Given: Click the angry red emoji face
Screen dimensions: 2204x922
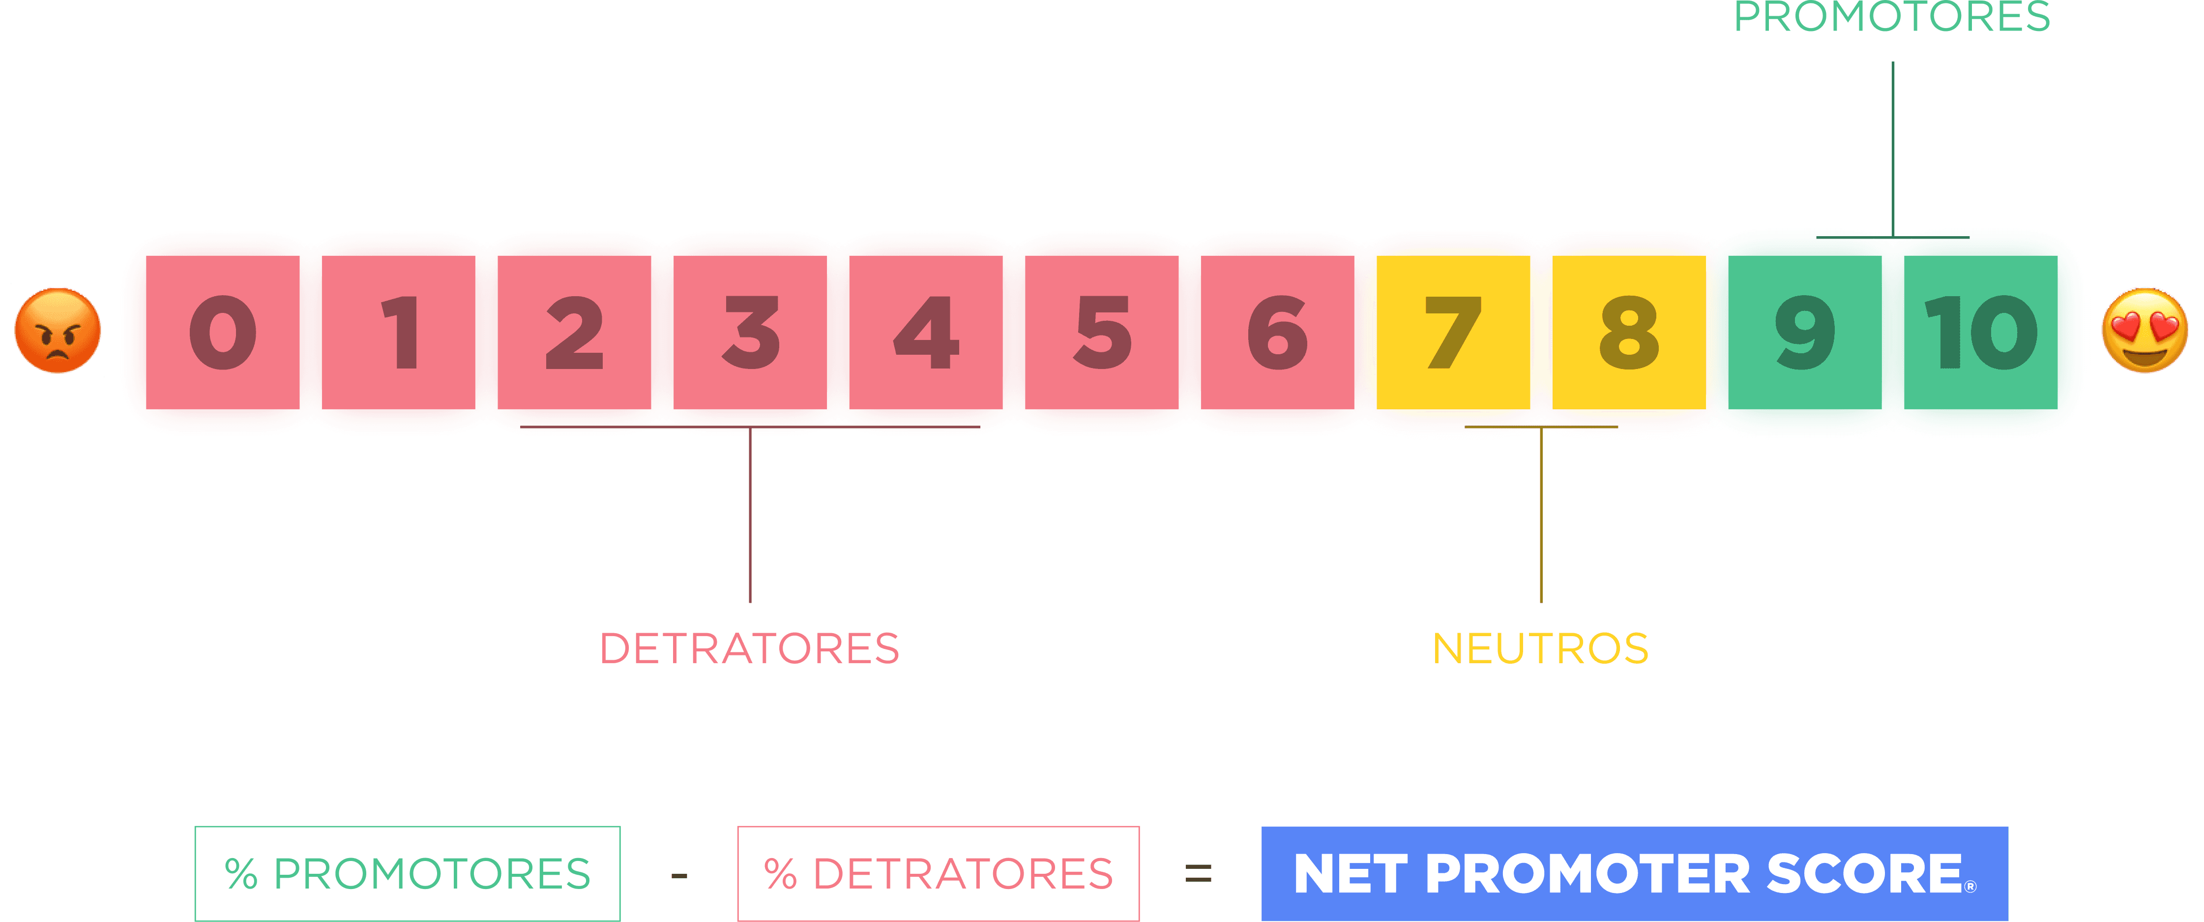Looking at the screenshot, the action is click(x=58, y=331).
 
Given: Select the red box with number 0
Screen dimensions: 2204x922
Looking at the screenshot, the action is click(x=222, y=332).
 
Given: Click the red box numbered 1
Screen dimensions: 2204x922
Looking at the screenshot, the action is click(x=399, y=332).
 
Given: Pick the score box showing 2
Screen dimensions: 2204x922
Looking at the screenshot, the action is click(x=574, y=332).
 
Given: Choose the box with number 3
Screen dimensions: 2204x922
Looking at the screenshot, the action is click(x=750, y=332).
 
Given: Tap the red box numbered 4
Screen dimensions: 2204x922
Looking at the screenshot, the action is click(x=926, y=332).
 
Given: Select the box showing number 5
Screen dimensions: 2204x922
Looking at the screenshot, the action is click(x=1102, y=332).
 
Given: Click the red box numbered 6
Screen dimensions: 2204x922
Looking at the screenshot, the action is click(x=1277, y=332).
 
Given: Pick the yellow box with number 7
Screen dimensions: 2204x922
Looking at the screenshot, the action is click(x=1453, y=332).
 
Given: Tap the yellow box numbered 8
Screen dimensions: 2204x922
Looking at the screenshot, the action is click(x=1629, y=332).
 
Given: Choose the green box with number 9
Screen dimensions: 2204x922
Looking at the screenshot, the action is click(x=1804, y=332).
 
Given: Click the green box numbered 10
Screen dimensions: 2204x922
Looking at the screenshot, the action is click(x=1981, y=332).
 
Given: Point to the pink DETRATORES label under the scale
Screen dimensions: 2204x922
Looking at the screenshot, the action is click(x=749, y=649).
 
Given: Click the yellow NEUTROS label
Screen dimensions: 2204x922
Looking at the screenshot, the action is click(x=1540, y=649).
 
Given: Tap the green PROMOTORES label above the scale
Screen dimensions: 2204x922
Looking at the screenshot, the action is click(x=1892, y=17).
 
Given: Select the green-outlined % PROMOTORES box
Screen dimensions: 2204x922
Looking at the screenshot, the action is click(x=407, y=873).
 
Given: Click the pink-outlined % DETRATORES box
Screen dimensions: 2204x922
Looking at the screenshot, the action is click(x=938, y=873).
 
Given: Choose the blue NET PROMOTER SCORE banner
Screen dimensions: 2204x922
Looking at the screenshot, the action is click(x=1634, y=873).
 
